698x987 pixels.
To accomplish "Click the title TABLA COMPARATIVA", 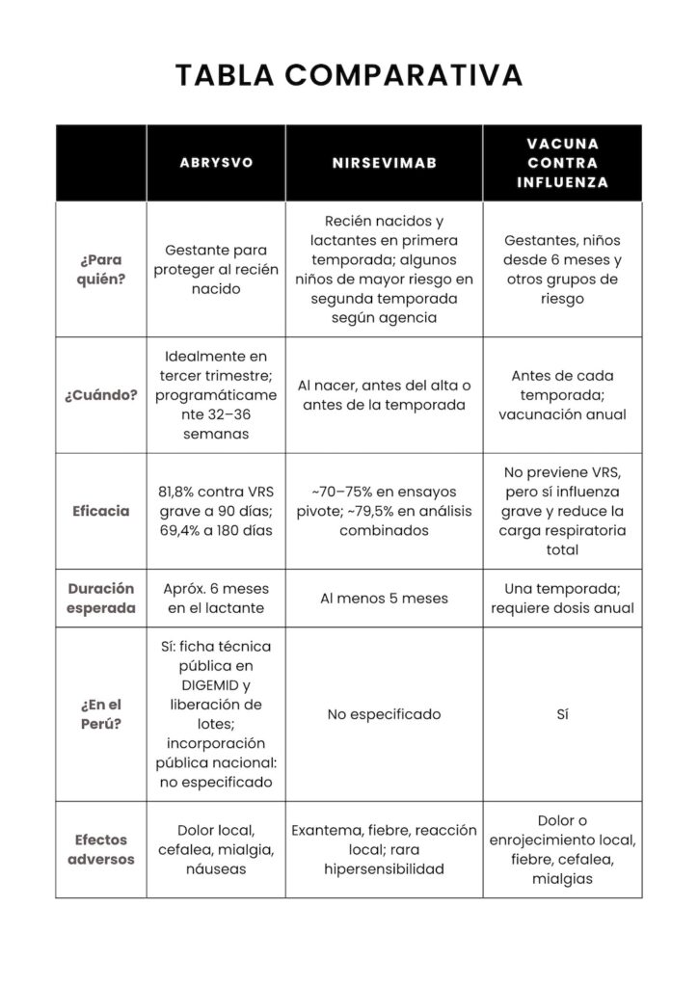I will tap(349, 74).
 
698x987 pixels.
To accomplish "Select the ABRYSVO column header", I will tap(217, 163).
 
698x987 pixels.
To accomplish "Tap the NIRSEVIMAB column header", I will tap(385, 163).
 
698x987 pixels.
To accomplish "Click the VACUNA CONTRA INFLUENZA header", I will tap(562, 163).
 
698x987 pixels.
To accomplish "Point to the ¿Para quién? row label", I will tap(101, 270).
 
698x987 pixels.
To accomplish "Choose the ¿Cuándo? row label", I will tap(101, 395).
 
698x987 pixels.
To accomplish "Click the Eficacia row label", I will tap(101, 511).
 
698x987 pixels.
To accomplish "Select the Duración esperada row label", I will tap(101, 598).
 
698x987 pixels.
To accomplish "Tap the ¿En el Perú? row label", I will tap(101, 714).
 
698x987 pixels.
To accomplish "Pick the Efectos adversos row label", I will tap(101, 849).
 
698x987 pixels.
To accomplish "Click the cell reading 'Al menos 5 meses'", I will tap(385, 599).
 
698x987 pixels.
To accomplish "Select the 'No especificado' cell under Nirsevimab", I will tap(385, 714).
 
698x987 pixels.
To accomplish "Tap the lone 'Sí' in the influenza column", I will tap(562, 714).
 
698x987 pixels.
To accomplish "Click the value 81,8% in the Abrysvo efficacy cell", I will tap(179, 492).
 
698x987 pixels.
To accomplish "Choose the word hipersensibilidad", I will tap(385, 869).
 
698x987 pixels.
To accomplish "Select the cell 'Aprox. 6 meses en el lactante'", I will tap(217, 599).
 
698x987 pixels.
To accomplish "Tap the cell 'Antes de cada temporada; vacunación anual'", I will tap(562, 395).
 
